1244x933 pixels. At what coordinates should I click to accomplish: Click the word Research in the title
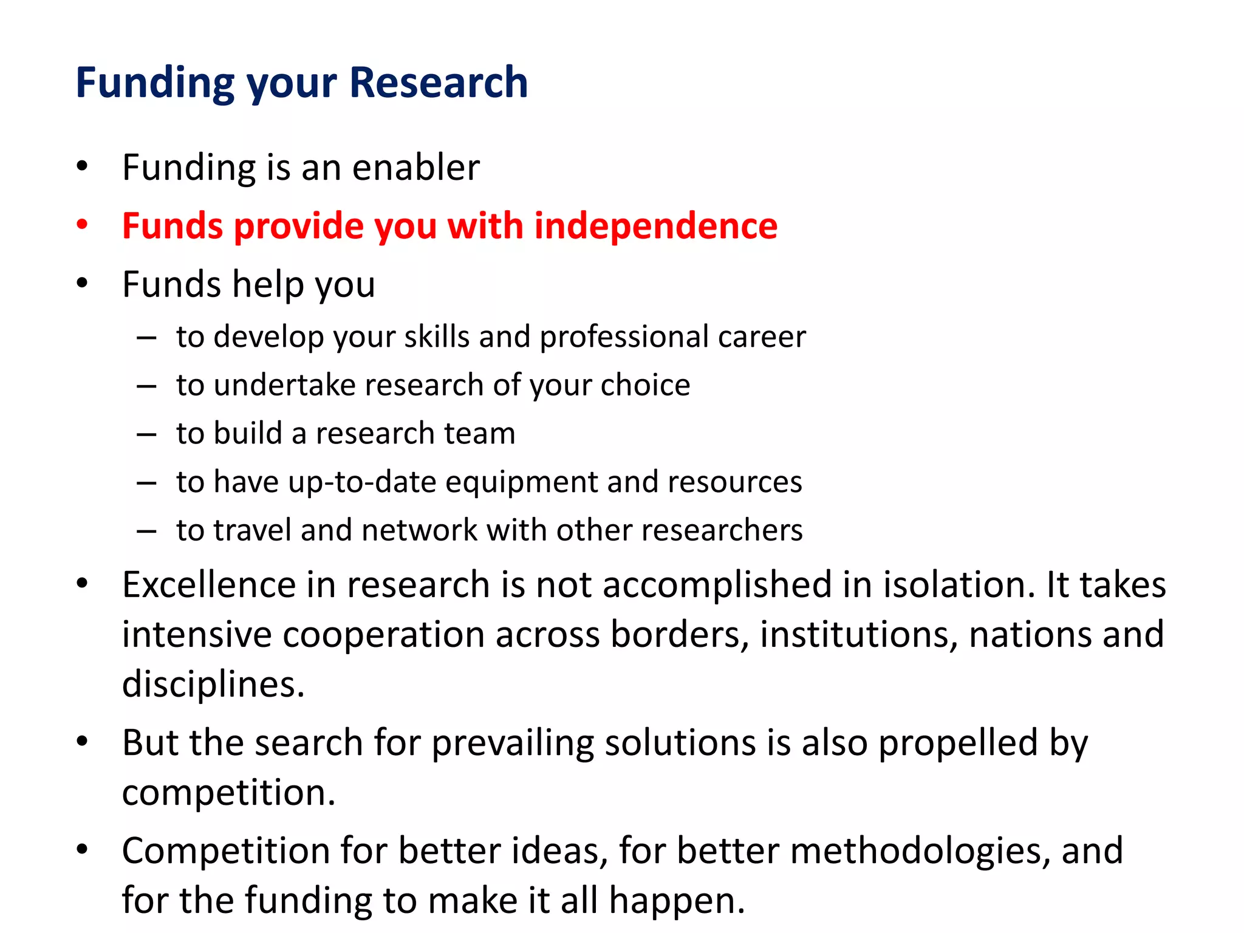click(x=439, y=83)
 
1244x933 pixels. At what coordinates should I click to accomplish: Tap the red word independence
click(x=655, y=226)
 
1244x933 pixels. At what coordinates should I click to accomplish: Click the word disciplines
click(x=213, y=685)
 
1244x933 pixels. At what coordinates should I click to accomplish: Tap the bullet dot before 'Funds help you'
click(x=83, y=284)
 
